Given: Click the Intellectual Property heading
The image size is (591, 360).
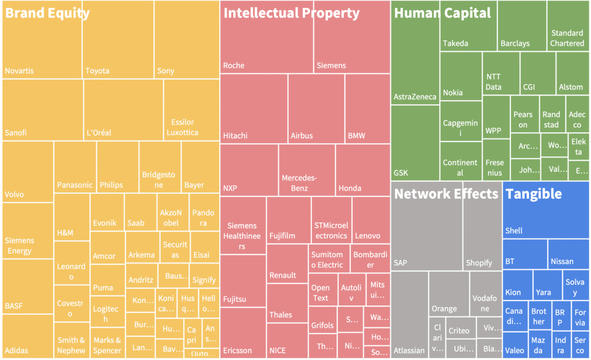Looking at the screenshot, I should [291, 13].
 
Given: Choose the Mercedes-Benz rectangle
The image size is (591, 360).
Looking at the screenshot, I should [306, 170].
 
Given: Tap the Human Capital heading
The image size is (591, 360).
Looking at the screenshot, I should [442, 13].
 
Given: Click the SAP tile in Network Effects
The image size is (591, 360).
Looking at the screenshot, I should [426, 231].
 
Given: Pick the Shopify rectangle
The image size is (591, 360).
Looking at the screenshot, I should [482, 231].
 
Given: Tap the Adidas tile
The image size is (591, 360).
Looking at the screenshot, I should [28, 335].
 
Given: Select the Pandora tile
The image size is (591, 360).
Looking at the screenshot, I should [204, 212].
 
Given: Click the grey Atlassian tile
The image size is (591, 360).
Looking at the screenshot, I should [409, 315].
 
